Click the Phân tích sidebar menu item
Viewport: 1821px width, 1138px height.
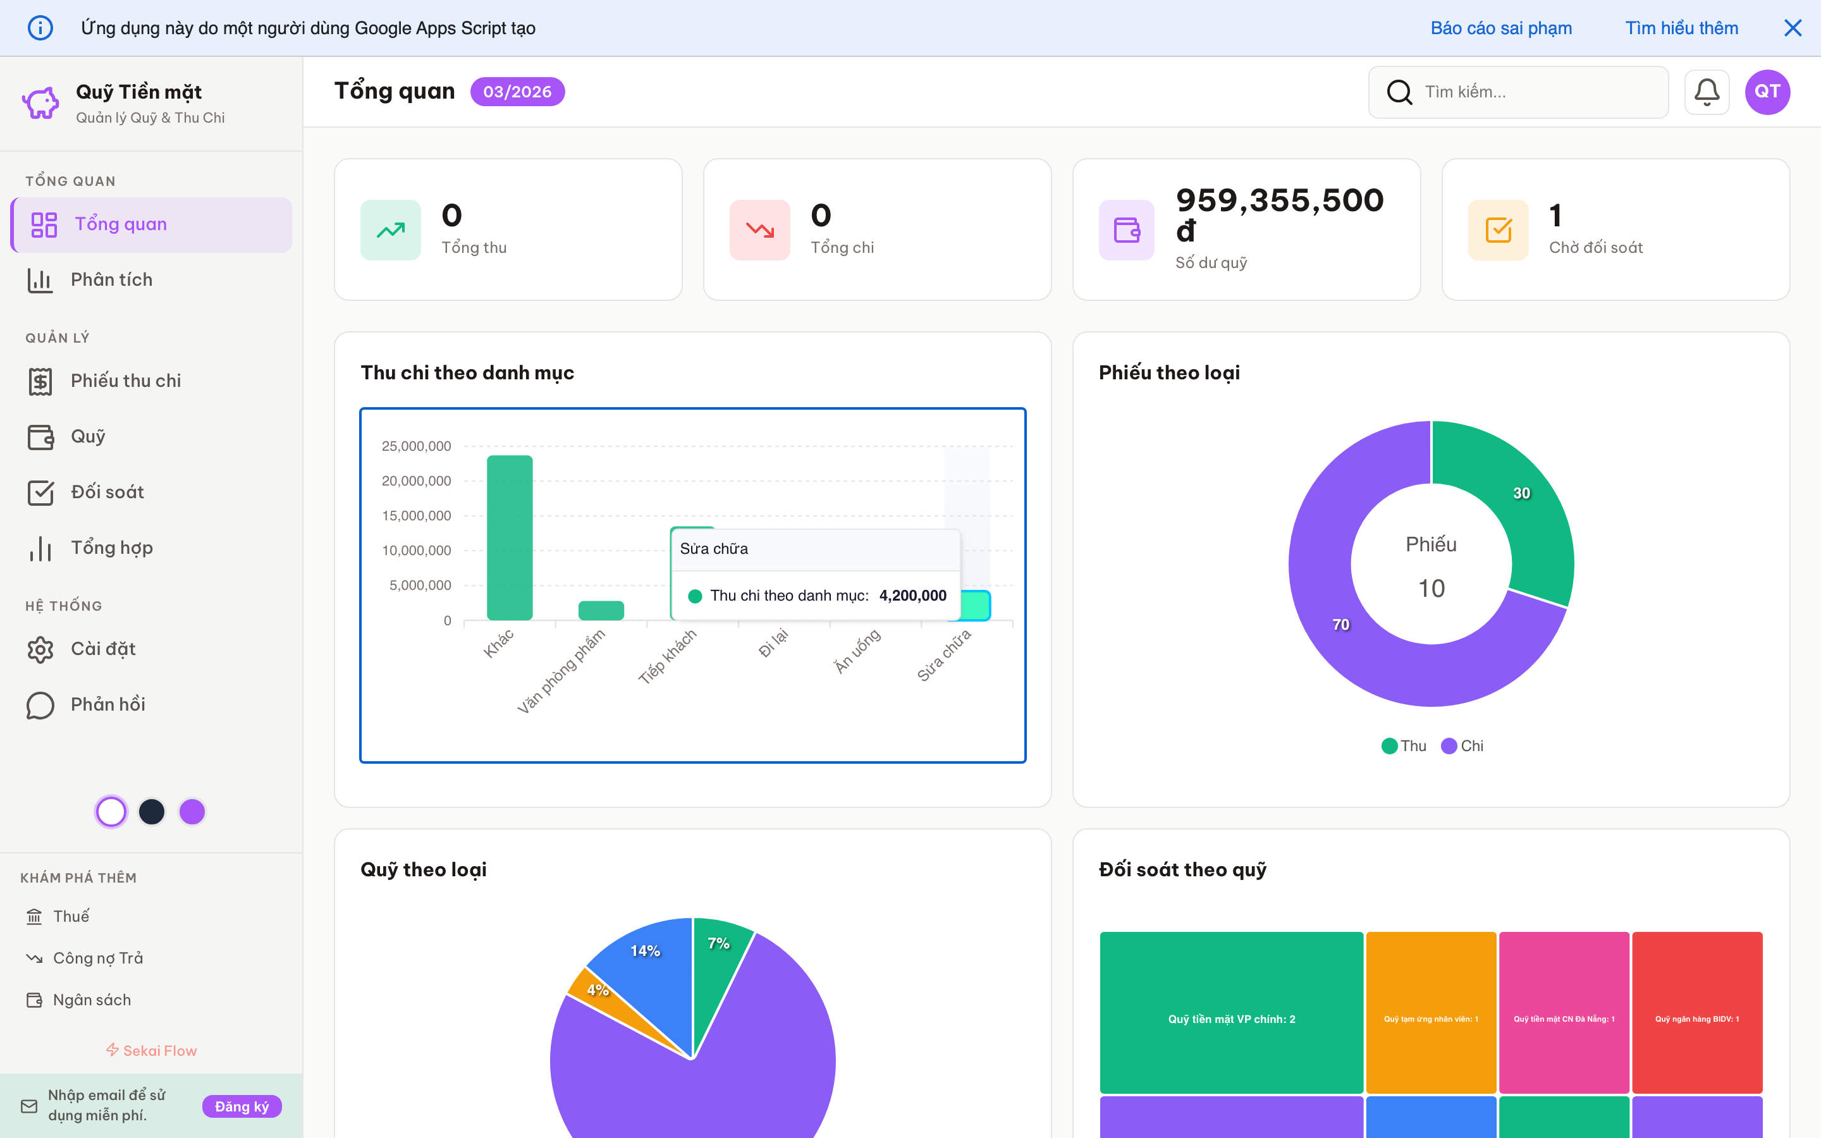tap(111, 280)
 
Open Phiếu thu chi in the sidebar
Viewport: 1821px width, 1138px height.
tap(125, 381)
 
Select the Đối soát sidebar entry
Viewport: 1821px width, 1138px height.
tap(107, 493)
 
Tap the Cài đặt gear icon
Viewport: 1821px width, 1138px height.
tap(40, 649)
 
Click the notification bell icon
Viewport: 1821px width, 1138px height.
tap(1706, 92)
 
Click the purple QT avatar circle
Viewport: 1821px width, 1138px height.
tap(1767, 92)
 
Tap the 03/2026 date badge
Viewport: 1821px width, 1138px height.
tap(517, 92)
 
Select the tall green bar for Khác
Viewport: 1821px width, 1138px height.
tap(510, 537)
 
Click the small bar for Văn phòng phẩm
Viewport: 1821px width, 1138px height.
tap(601, 610)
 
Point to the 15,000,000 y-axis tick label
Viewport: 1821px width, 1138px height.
tap(416, 515)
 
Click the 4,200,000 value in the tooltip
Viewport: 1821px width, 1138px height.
tap(912, 596)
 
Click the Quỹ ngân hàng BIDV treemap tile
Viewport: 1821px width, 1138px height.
tap(1697, 1012)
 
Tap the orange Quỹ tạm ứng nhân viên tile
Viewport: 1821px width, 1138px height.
tap(1430, 1012)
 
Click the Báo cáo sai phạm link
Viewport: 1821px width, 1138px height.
tap(1500, 28)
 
